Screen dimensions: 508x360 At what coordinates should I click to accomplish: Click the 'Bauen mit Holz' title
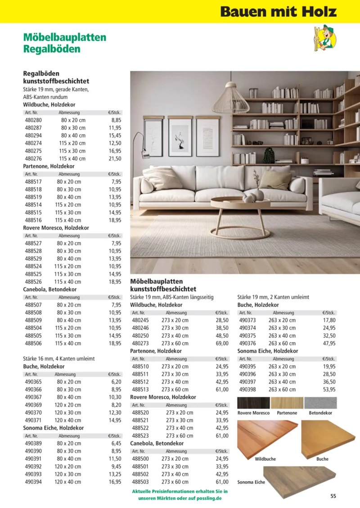coord(278,11)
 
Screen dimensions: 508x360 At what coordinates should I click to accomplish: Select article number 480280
coord(33,121)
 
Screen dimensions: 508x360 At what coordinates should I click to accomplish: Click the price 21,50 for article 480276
coord(116,159)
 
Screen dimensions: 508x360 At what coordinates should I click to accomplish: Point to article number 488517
coord(33,182)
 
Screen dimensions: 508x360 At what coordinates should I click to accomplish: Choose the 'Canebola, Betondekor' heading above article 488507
coord(50,289)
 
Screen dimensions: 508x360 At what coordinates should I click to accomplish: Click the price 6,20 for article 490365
coord(116,382)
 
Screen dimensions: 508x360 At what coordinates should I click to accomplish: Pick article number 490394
coord(33,482)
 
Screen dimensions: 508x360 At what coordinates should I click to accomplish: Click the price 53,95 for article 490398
coord(329,390)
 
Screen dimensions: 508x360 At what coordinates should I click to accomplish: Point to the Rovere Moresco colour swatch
coord(253,403)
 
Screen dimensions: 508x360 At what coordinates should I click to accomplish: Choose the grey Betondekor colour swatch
coord(320,403)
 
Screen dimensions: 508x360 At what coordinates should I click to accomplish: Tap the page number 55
coord(333,496)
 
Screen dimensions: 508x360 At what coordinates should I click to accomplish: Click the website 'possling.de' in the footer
coord(210,499)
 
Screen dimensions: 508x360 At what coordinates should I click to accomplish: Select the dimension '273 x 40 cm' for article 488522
coord(180,428)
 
